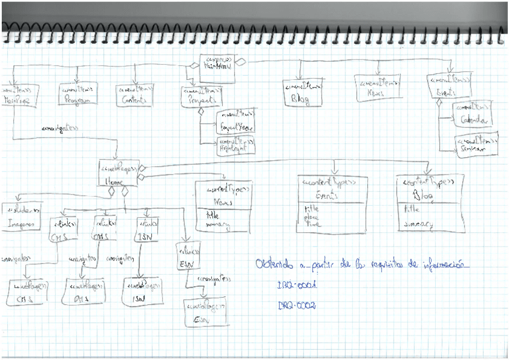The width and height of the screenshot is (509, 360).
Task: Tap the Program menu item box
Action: click(78, 95)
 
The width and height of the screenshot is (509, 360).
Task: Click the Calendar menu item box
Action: click(473, 116)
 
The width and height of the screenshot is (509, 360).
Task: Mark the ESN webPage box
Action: click(206, 313)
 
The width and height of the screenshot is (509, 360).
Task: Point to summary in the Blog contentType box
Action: click(418, 224)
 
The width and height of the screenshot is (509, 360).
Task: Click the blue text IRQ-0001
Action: click(297, 286)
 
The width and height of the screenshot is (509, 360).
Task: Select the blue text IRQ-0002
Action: click(297, 306)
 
